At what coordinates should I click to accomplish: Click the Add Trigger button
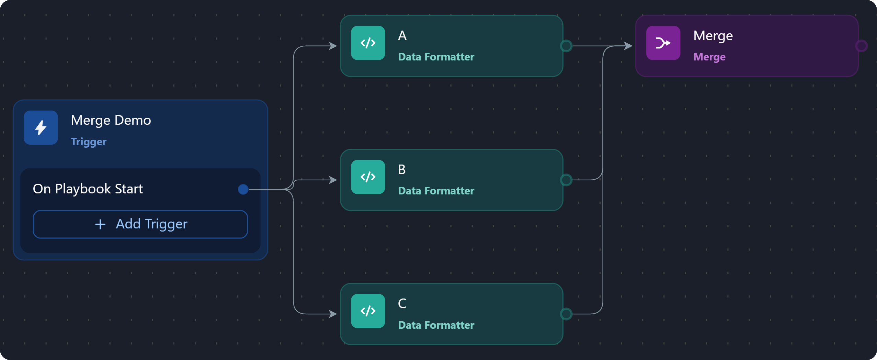[140, 224]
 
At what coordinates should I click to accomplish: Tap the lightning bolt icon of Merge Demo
[41, 127]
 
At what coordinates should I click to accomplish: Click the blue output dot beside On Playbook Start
[243, 189]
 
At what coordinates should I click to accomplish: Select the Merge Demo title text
[111, 120]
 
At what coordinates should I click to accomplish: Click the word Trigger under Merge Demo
[89, 142]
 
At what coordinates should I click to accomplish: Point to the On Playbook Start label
[88, 189]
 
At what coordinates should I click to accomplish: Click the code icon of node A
[368, 43]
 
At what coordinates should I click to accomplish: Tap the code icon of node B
[368, 177]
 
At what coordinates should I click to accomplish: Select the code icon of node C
[368, 311]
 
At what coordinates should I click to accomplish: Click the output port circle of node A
[566, 46]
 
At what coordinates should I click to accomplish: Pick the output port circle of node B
[566, 180]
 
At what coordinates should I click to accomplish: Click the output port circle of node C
[566, 314]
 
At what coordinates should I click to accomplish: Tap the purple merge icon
[663, 43]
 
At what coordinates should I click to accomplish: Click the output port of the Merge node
[861, 46]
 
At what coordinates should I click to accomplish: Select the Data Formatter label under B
[436, 191]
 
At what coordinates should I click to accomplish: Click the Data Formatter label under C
[436, 325]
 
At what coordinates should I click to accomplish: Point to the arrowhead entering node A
[333, 46]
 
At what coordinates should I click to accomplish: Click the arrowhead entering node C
[333, 314]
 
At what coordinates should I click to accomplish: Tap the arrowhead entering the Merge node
[628, 46]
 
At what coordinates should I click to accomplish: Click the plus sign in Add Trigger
[100, 224]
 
